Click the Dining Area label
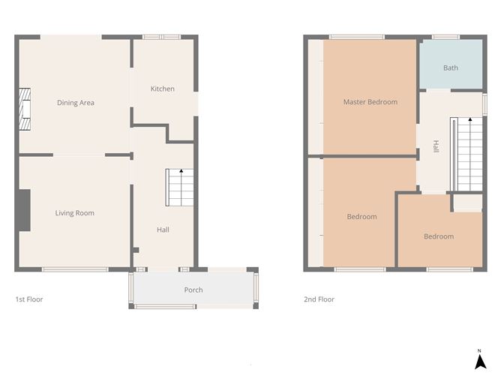76,103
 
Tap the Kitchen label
162,89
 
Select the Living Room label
75,213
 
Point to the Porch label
193,290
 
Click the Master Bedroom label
370,102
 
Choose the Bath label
450,68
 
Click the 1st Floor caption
29,299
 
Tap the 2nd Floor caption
319,299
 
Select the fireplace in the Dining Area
26,107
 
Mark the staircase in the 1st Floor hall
180,188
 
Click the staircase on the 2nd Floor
465,154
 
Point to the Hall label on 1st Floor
163,230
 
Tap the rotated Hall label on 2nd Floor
436,147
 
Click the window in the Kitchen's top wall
161,36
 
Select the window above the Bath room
445,36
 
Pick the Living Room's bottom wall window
75,269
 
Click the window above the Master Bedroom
356,36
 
